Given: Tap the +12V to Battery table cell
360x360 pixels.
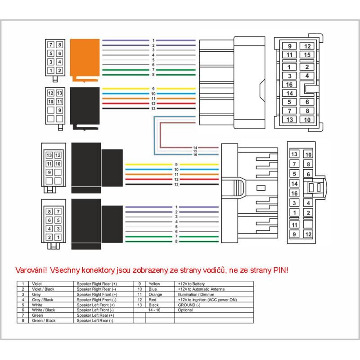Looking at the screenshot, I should (x=191, y=284).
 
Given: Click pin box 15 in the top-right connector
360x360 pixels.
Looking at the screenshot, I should (x=307, y=55).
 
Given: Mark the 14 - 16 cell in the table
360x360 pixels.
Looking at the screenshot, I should (x=154, y=310).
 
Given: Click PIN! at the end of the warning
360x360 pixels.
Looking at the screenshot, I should (x=278, y=270).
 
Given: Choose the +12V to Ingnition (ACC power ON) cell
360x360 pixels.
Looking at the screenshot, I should (x=207, y=300).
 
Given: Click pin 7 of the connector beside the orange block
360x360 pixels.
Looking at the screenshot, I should (x=51, y=45).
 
